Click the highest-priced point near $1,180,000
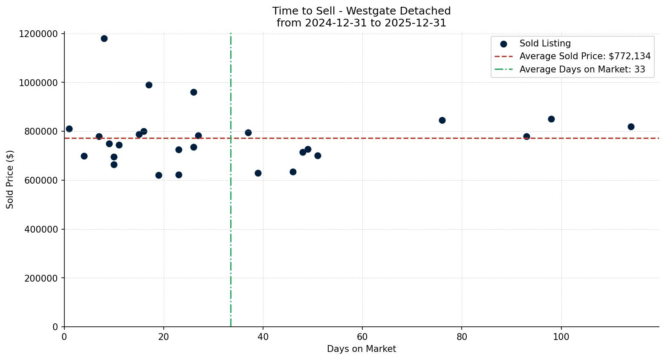click(104, 38)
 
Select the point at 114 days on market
click(631, 127)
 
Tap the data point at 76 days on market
click(442, 120)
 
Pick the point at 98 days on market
click(551, 119)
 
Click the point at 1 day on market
click(69, 129)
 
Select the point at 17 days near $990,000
click(149, 85)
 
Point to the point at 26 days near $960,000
click(194, 92)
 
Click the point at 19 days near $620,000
click(159, 175)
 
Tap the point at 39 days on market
click(258, 173)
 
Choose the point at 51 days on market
click(318, 156)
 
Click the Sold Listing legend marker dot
click(503, 43)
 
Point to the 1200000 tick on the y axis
click(38, 34)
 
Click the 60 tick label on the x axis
click(362, 336)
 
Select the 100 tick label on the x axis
click(561, 336)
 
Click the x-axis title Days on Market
click(361, 349)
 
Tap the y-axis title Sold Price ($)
click(10, 179)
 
